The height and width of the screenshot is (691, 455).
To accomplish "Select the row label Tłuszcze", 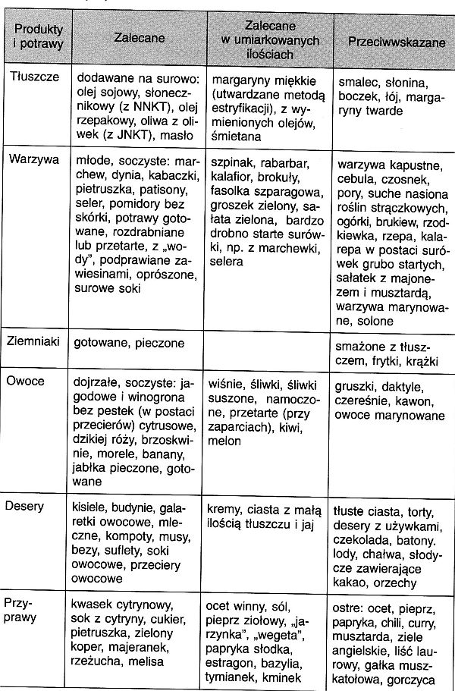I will [33, 77].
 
